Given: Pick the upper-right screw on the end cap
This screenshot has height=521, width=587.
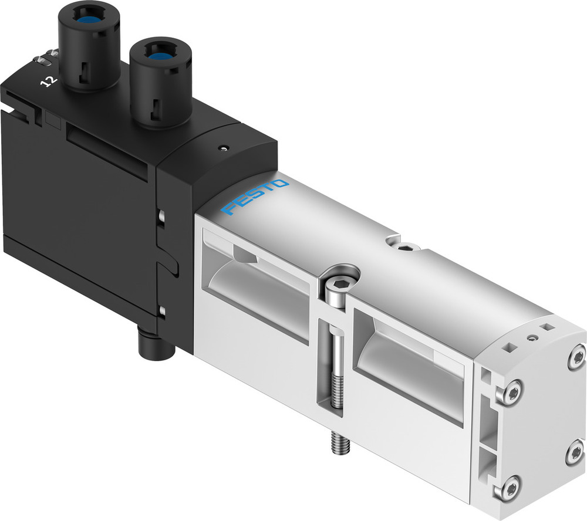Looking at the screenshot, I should [576, 356].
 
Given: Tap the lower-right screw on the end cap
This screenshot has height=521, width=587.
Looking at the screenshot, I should [573, 452].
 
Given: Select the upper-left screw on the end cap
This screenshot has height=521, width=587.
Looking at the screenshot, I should [511, 392].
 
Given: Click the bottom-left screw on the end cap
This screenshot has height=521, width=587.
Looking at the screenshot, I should [508, 488].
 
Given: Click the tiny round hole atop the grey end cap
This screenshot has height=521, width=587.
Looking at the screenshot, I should [531, 337].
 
